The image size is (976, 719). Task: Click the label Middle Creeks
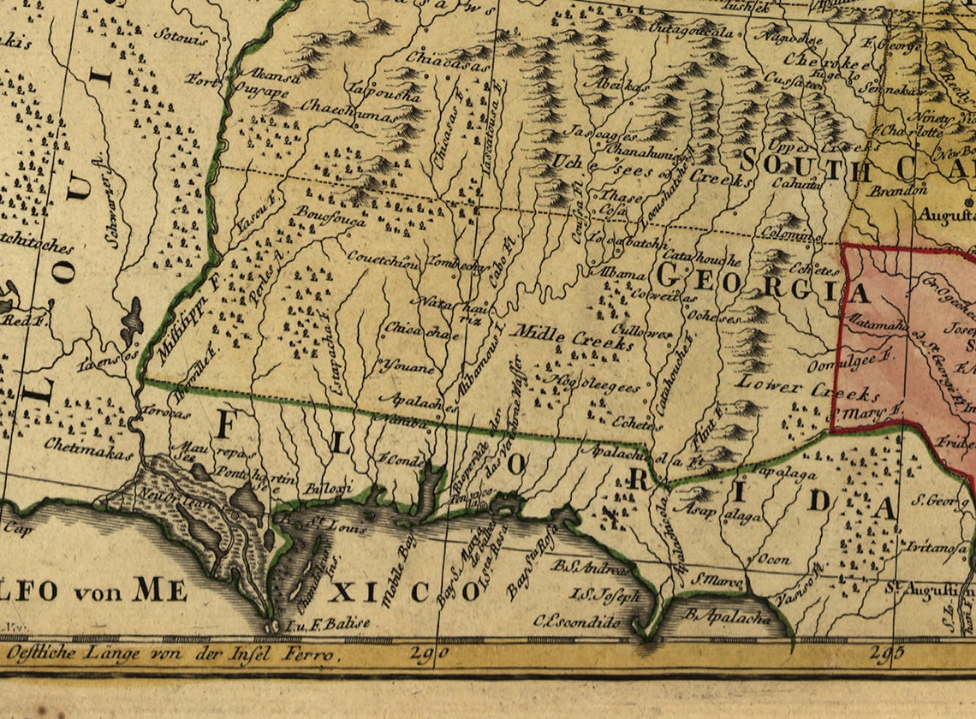(x=572, y=336)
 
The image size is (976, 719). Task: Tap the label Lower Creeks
(x=806, y=389)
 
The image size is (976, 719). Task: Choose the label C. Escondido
(x=576, y=622)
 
